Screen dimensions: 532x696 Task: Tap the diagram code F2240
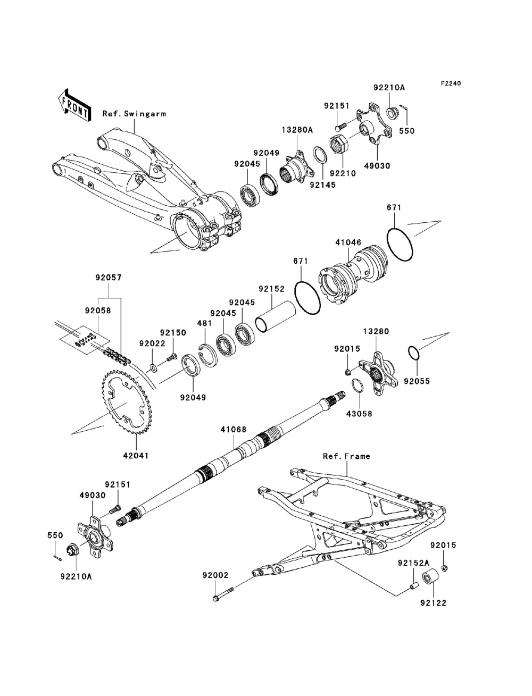(451, 83)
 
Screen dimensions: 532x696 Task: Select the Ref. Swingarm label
(134, 113)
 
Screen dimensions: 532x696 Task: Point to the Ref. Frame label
(346, 456)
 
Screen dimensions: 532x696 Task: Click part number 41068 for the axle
(234, 430)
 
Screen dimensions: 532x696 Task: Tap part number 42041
(136, 456)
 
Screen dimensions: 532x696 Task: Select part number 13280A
(297, 130)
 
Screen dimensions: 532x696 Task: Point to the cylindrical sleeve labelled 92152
(276, 317)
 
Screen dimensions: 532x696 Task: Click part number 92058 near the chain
(98, 311)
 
